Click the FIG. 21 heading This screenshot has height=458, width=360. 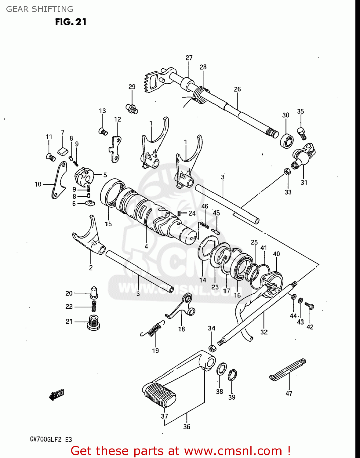71,22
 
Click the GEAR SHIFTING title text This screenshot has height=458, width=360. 40,9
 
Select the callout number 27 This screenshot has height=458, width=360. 189,58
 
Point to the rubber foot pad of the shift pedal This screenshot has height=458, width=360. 159,395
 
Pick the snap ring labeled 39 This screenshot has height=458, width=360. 232,375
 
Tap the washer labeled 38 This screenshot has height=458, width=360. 222,369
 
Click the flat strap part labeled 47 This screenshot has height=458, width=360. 288,370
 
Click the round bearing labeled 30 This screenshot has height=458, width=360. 287,141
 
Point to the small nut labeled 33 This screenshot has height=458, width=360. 287,171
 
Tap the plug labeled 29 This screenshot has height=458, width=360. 132,108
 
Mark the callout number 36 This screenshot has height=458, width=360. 187,427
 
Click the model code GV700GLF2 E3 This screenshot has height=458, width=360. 51,440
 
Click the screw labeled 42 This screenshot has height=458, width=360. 309,306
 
